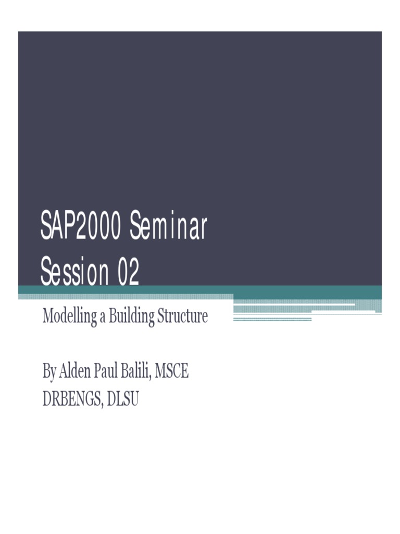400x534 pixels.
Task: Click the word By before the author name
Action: pyautogui.click(x=49, y=372)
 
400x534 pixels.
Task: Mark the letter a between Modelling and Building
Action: pyautogui.click(x=102, y=317)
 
